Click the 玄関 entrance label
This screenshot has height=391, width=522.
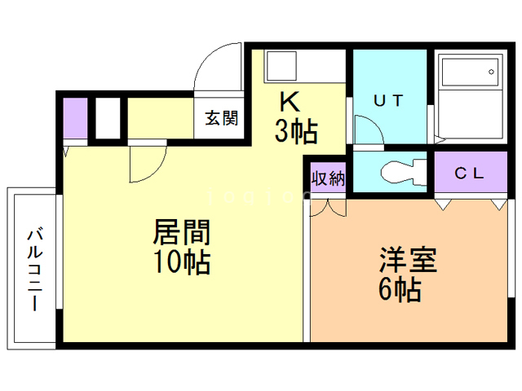tap(221, 118)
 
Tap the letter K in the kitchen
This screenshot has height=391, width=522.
tap(290, 101)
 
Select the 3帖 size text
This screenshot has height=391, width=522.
tap(296, 132)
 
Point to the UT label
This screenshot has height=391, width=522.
tap(388, 100)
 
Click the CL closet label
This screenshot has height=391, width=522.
tap(469, 173)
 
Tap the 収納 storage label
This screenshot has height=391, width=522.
tap(328, 178)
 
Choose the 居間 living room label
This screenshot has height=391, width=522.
tap(182, 231)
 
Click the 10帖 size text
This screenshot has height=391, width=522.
tap(182, 262)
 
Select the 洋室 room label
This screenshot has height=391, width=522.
tap(408, 260)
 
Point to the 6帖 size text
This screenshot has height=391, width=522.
tap(400, 289)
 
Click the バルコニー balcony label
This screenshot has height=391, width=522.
tap(34, 269)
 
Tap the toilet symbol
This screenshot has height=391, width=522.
tap(404, 172)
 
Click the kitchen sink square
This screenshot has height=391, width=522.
tap(281, 66)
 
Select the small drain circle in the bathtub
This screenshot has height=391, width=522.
tap(491, 72)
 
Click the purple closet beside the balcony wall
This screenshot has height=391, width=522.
tap(75, 118)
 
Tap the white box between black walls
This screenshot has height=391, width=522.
tap(108, 118)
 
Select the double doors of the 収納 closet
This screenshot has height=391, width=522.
tap(328, 208)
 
